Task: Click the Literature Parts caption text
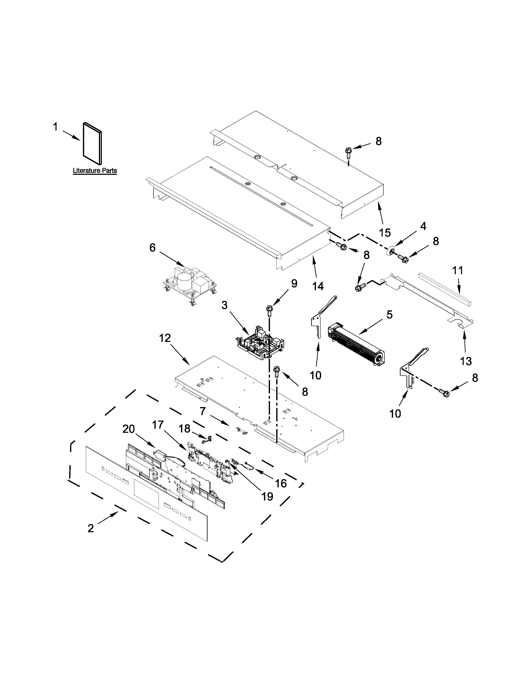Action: click(x=95, y=171)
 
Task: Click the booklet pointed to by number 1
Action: click(x=92, y=143)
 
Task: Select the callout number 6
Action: click(x=152, y=248)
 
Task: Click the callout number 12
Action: click(x=165, y=338)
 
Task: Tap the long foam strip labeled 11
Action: click(x=445, y=289)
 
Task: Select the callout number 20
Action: click(x=129, y=429)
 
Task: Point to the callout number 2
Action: click(x=91, y=528)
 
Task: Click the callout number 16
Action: click(x=281, y=483)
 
